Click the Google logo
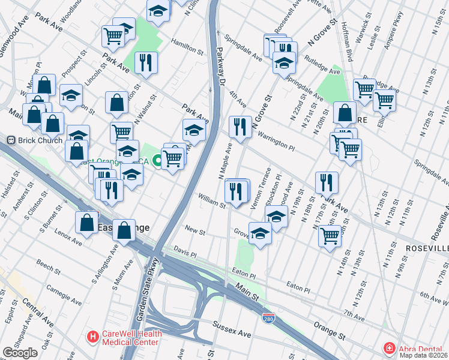pos(20,353)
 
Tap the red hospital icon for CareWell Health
pos(92,337)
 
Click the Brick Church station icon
pos(10,140)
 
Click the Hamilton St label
pos(184,44)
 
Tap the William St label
pos(212,201)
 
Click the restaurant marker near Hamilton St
pos(146,61)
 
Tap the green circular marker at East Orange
pos(157,160)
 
